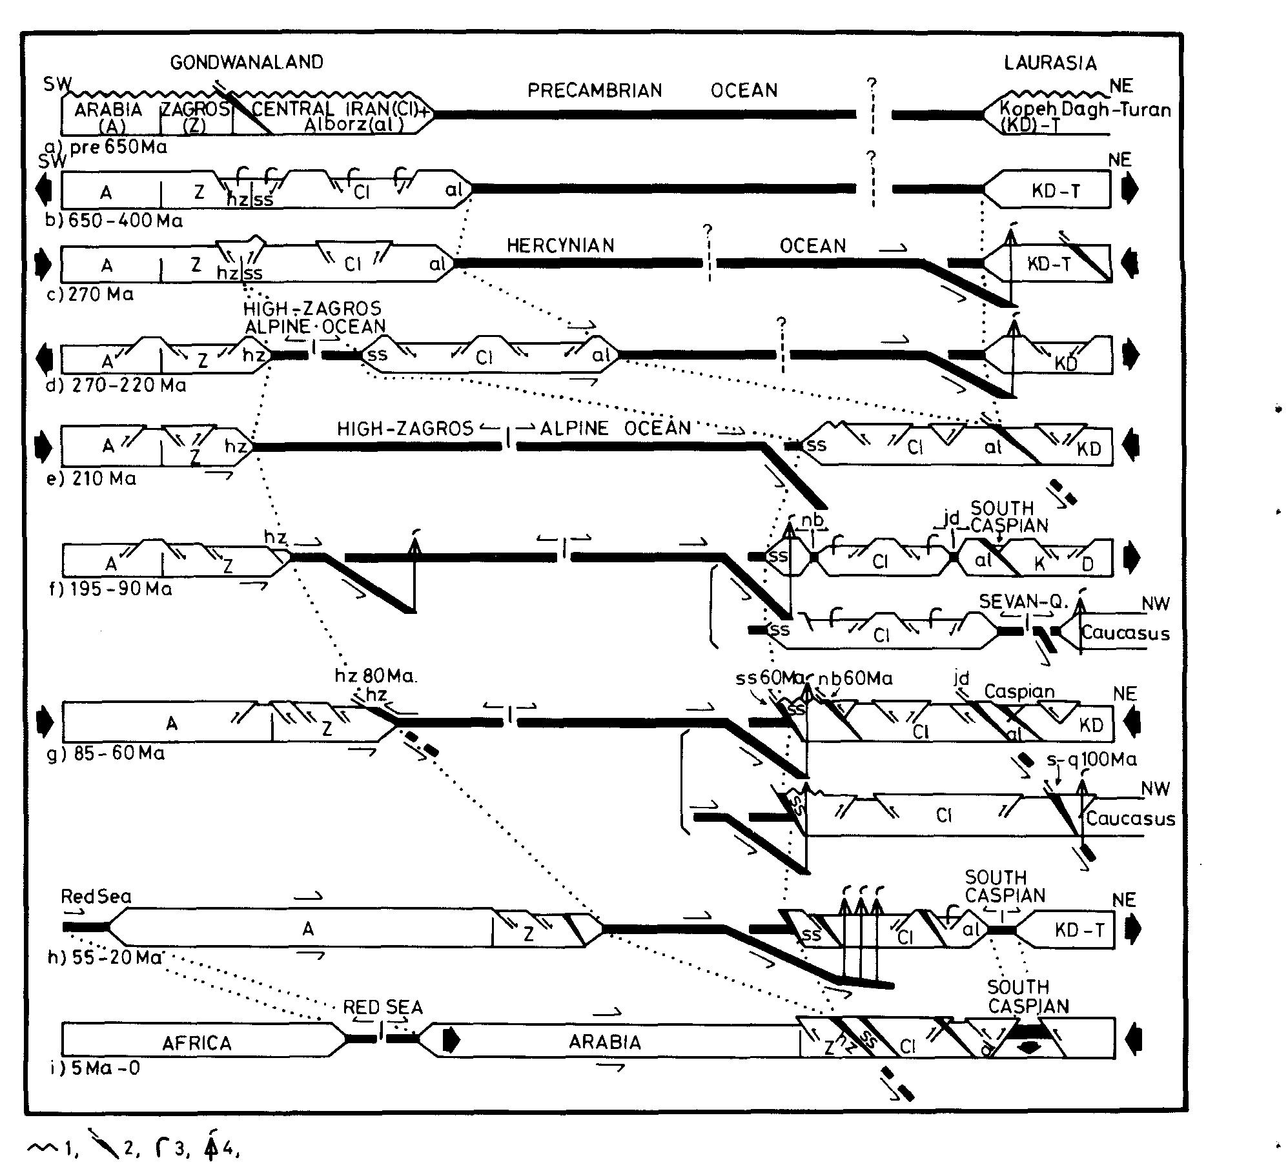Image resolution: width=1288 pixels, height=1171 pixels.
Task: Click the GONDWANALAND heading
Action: pos(247,62)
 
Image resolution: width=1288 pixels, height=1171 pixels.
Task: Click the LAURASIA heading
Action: pos(1050,63)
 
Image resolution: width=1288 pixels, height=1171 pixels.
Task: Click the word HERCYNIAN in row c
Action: pos(560,246)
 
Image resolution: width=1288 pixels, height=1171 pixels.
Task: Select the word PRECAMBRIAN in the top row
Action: pos(595,90)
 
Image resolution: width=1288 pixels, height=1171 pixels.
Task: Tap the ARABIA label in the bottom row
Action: pos(605,1043)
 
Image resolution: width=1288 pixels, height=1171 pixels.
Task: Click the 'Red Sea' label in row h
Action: pos(96,897)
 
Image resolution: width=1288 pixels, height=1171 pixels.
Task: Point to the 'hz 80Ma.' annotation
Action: pos(376,677)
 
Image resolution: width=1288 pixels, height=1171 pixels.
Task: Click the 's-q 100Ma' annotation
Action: pos(1091,760)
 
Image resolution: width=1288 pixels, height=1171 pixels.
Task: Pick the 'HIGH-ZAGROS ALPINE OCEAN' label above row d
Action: pos(314,318)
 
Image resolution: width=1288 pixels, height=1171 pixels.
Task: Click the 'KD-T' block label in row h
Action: pos(1079,930)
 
